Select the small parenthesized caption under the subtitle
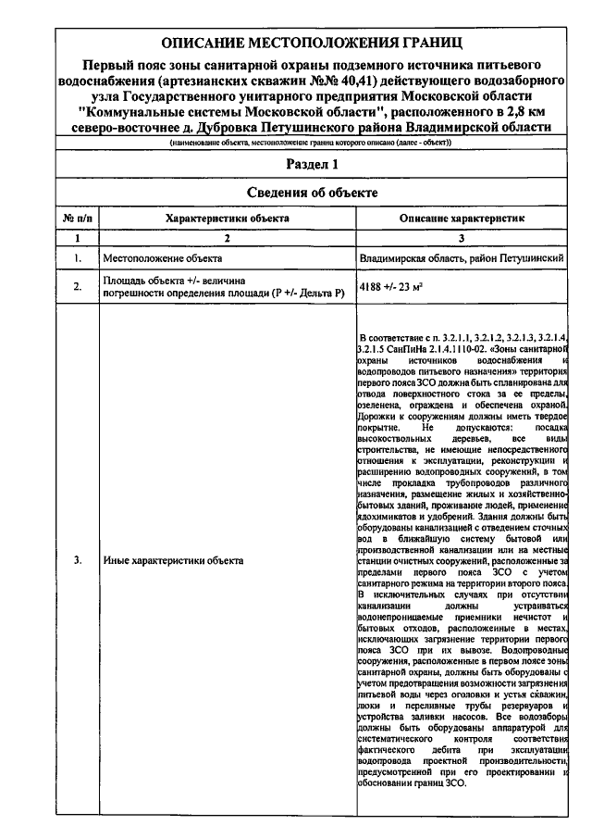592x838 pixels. [x=310, y=144]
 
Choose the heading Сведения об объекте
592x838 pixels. [x=312, y=192]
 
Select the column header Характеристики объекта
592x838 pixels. [x=227, y=218]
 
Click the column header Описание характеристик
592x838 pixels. [x=462, y=218]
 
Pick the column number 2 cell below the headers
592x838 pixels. [x=227, y=238]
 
